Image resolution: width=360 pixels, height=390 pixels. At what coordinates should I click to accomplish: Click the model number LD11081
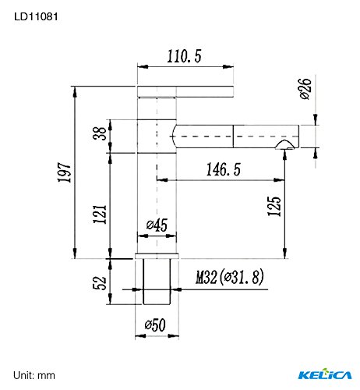click(36, 17)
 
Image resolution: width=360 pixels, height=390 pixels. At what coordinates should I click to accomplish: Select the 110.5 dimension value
click(184, 56)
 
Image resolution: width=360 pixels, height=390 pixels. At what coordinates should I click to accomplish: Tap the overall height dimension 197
click(64, 172)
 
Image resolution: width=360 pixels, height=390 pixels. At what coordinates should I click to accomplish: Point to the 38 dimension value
click(100, 133)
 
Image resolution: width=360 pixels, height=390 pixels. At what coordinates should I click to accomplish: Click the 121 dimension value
click(100, 214)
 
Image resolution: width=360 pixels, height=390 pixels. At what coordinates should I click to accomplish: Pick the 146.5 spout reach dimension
click(224, 169)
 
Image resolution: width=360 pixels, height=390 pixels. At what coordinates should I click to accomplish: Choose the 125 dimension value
click(274, 206)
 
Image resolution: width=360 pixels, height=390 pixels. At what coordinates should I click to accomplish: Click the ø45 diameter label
click(157, 225)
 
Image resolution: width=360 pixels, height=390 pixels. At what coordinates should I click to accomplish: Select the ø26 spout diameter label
click(305, 88)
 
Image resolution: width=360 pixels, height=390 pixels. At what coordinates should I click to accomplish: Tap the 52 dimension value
click(100, 282)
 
